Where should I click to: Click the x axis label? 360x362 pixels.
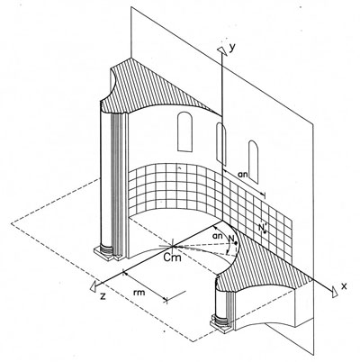pyautogui.click(x=344, y=285)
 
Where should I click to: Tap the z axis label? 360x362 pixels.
pyautogui.click(x=103, y=297)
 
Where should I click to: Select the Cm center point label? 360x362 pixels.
pyautogui.click(x=173, y=258)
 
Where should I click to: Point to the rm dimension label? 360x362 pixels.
pyautogui.click(x=139, y=292)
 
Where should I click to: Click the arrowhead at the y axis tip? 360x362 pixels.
pyautogui.click(x=221, y=51)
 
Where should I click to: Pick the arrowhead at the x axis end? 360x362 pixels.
pyautogui.click(x=334, y=292)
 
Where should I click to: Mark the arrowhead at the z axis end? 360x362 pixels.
pyautogui.click(x=94, y=285)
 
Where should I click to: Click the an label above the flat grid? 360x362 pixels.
pyautogui.click(x=242, y=174)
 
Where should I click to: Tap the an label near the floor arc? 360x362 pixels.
pyautogui.click(x=218, y=236)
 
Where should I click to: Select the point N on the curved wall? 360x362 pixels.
pyautogui.click(x=237, y=243)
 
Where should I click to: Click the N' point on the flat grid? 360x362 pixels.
pyautogui.click(x=265, y=231)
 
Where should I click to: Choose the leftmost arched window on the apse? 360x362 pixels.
pyautogui.click(x=185, y=131)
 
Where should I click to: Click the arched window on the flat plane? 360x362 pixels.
pyautogui.click(x=253, y=162)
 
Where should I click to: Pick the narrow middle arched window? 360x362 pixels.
pyautogui.click(x=221, y=143)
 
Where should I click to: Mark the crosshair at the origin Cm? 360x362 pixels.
pyautogui.click(x=173, y=246)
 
